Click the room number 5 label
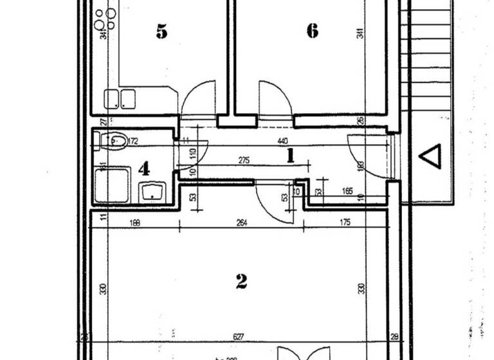tap(161, 31)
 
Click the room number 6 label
tap(312, 31)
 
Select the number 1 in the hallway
tap(290, 155)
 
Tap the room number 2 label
tap(241, 281)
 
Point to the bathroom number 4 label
tap(144, 169)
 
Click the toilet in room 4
tap(114, 140)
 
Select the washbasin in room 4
tap(153, 191)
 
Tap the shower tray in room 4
tap(112, 184)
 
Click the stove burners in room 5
tap(104, 19)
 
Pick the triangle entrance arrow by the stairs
tap(430, 156)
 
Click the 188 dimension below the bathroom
tap(134, 223)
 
